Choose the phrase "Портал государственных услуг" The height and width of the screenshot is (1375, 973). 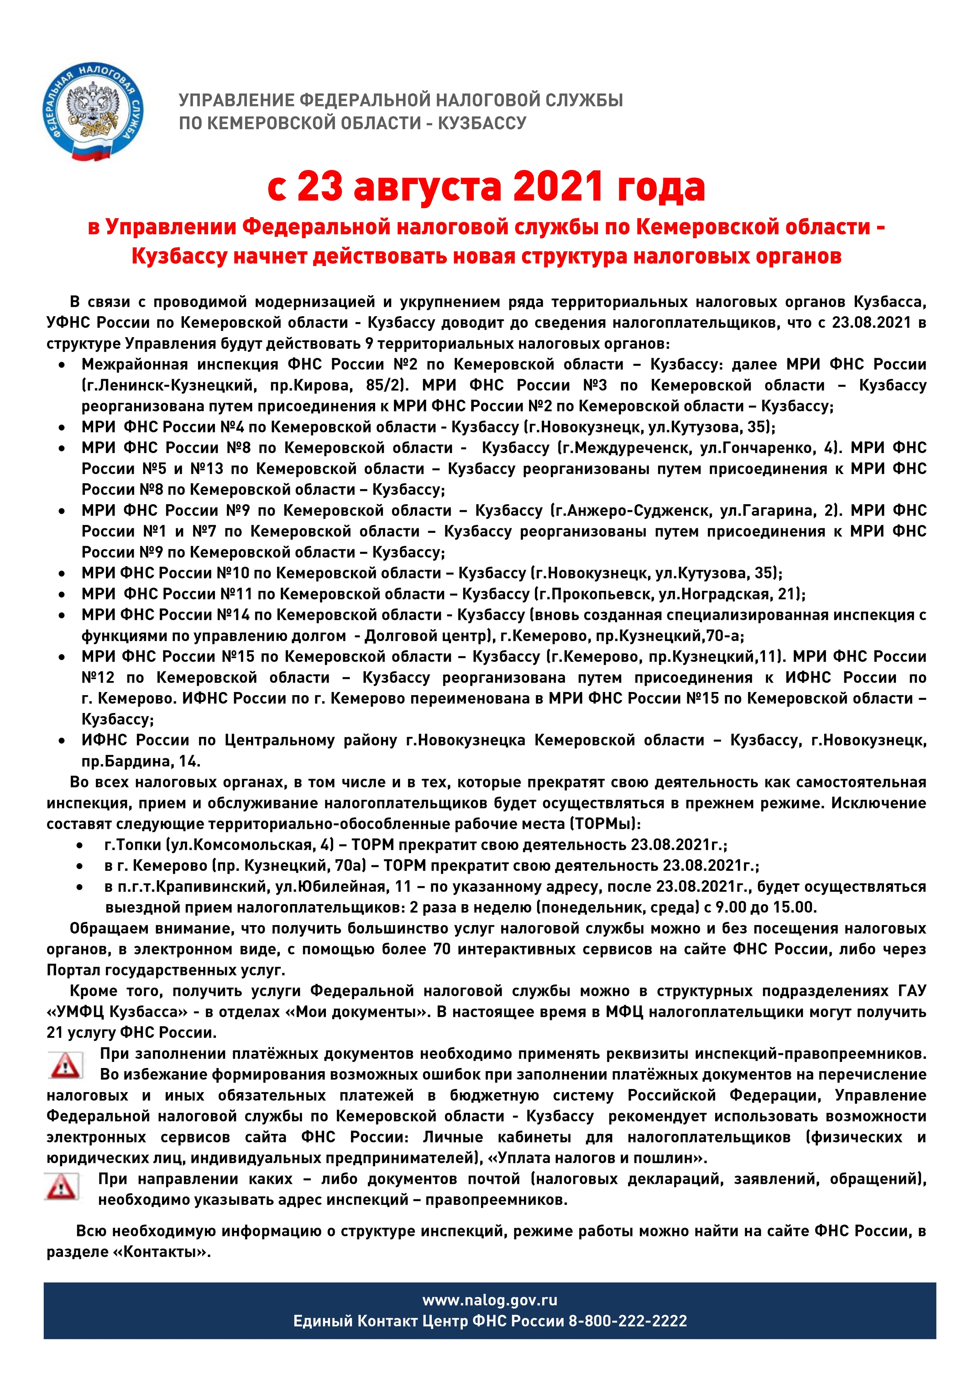coord(165,970)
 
